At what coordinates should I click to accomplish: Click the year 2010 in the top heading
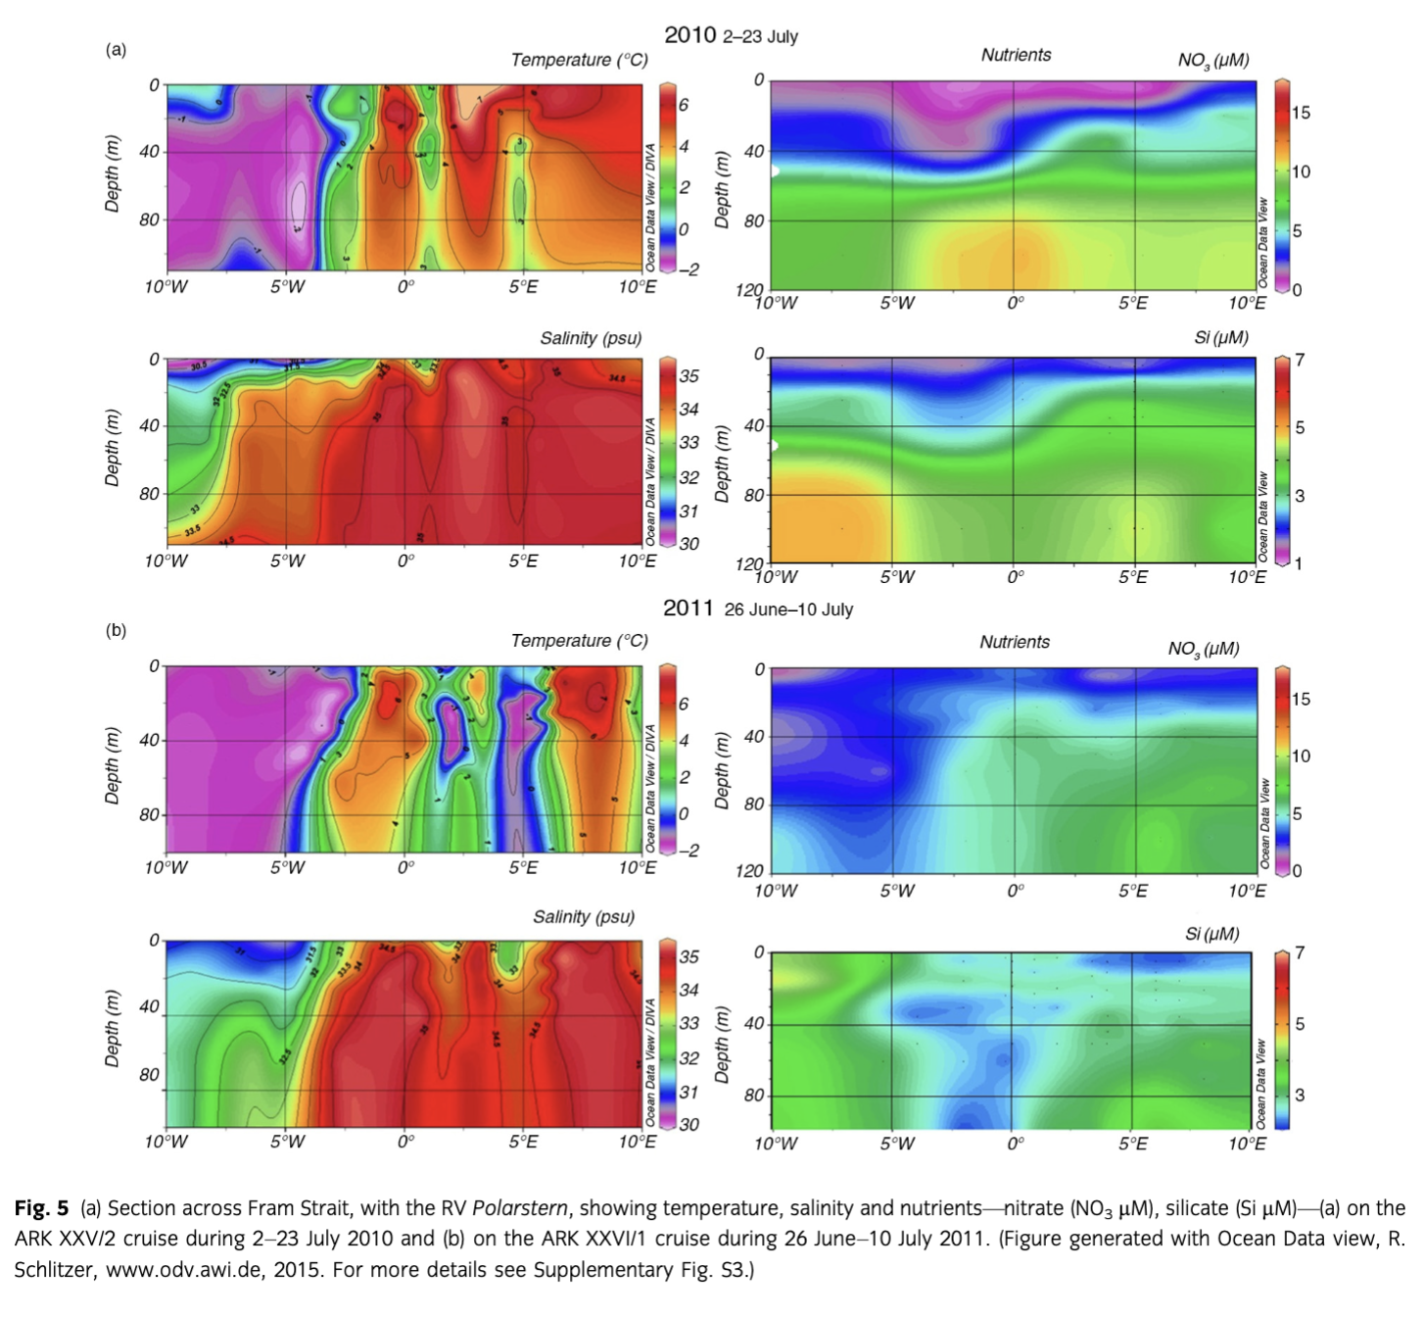(x=690, y=35)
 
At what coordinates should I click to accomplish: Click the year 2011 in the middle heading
(x=688, y=609)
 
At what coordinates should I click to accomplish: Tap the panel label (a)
(x=117, y=50)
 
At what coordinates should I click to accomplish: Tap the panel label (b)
(x=117, y=630)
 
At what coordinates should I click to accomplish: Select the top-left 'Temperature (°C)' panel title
(x=579, y=60)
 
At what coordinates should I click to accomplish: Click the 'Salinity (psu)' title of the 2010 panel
(x=591, y=338)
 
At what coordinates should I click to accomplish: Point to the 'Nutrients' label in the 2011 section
(x=1015, y=642)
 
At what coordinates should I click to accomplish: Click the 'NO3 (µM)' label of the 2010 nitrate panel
(x=1213, y=60)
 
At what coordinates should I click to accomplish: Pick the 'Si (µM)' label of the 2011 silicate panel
(x=1212, y=934)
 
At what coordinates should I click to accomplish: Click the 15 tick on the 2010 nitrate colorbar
(x=1301, y=113)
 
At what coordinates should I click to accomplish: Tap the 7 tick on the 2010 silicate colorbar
(x=1300, y=360)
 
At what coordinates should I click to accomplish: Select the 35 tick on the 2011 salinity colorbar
(x=689, y=956)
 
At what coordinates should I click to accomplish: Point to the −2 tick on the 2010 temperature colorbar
(x=689, y=269)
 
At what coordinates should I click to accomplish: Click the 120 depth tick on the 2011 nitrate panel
(x=750, y=871)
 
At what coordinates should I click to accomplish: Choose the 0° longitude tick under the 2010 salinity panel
(x=405, y=561)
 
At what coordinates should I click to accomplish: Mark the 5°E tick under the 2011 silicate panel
(x=1133, y=1144)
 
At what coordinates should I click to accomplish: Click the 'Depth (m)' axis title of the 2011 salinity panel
(x=112, y=1029)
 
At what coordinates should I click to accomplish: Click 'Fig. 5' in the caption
(x=41, y=1208)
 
